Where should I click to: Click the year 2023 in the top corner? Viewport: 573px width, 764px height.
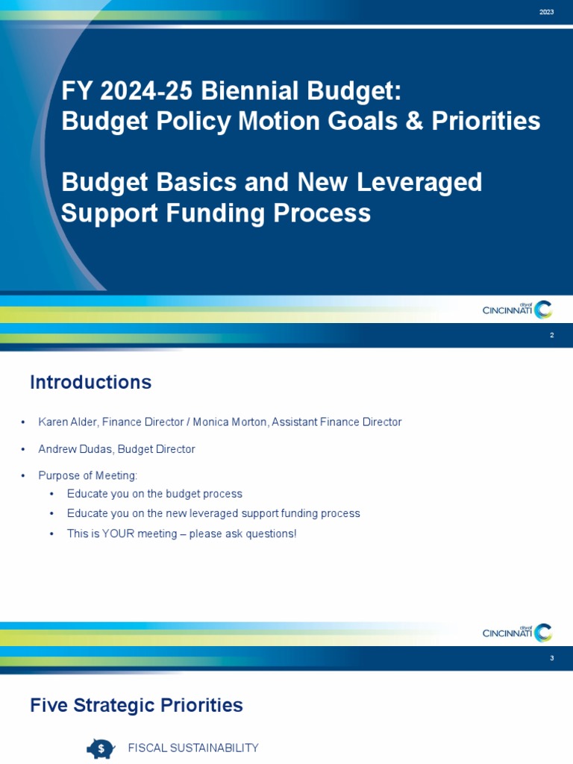pyautogui.click(x=546, y=12)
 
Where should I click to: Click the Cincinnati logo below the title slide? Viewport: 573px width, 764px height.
pyautogui.click(x=517, y=309)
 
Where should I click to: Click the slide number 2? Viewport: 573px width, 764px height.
pyautogui.click(x=551, y=336)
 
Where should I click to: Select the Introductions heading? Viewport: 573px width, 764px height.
pyautogui.click(x=90, y=383)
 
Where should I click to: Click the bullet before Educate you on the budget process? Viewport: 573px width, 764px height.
pyautogui.click(x=51, y=495)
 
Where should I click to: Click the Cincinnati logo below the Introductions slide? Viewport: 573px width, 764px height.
pyautogui.click(x=517, y=633)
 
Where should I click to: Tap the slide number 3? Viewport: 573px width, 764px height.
pyautogui.click(x=551, y=658)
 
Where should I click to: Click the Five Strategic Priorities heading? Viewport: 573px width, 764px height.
pyautogui.click(x=136, y=705)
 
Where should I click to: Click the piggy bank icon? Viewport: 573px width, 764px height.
pyautogui.click(x=99, y=748)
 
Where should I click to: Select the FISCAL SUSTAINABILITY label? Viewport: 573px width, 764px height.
pyautogui.click(x=193, y=748)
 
